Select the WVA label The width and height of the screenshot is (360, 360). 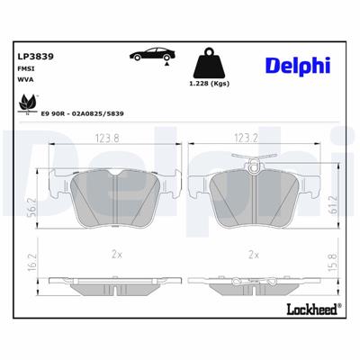[x=26, y=81]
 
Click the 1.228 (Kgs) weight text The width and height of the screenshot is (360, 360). [x=209, y=85]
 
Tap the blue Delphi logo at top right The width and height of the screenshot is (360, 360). [x=297, y=64]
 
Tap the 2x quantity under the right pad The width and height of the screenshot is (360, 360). [x=254, y=255]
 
